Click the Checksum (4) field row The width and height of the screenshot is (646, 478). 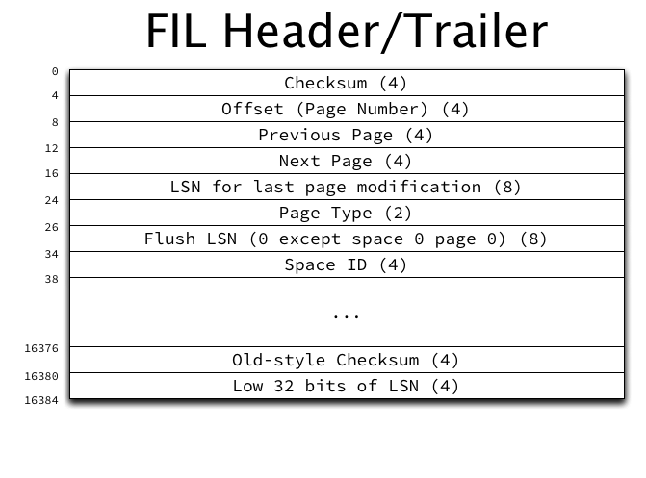(x=346, y=83)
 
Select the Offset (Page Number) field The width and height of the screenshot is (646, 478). (x=346, y=109)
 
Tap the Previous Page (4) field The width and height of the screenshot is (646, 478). (x=346, y=135)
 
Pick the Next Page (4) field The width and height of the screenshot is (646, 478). (x=346, y=161)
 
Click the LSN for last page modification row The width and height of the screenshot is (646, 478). (x=346, y=187)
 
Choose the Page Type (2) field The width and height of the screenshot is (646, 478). (x=346, y=213)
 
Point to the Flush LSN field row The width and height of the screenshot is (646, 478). (x=346, y=239)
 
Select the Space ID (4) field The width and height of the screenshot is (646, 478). (x=346, y=264)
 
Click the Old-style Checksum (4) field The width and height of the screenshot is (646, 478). (x=346, y=360)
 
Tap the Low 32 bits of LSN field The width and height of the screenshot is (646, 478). (x=346, y=386)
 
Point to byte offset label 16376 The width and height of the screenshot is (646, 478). (x=41, y=349)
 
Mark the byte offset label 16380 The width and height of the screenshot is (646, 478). (x=41, y=376)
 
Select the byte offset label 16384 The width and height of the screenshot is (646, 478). (x=41, y=399)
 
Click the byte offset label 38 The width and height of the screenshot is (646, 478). (x=51, y=279)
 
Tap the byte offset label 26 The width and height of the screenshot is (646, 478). (x=51, y=227)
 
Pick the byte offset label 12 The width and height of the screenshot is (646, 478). (x=51, y=148)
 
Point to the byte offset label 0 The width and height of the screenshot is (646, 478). (x=55, y=71)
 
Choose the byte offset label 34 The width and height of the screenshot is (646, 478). (x=51, y=254)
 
